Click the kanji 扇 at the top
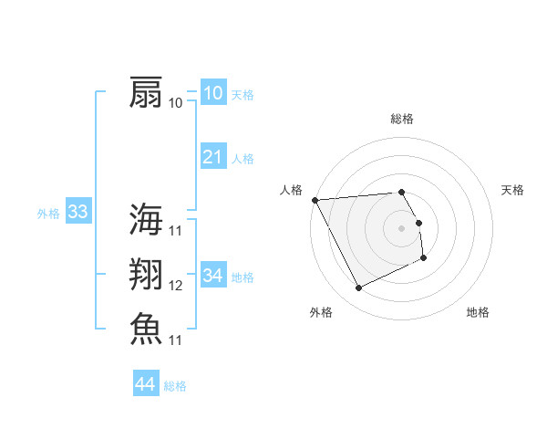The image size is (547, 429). (x=146, y=92)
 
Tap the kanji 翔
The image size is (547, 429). (x=146, y=275)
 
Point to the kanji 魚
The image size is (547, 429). (x=146, y=329)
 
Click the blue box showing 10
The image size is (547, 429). (x=212, y=93)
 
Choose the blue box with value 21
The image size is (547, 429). (x=212, y=157)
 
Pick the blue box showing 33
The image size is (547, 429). (x=77, y=213)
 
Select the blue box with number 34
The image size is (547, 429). (x=212, y=275)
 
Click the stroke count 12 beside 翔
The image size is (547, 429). (x=176, y=286)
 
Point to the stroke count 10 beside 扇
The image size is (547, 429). (x=176, y=102)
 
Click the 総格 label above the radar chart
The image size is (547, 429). (x=402, y=119)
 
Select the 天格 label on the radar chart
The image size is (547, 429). (x=512, y=190)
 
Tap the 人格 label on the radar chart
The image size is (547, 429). (x=291, y=190)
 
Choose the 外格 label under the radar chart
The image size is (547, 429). (x=321, y=313)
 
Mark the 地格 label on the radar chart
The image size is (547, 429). (x=478, y=313)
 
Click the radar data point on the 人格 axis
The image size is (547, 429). (x=315, y=200)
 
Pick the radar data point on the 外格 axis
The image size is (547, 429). (x=358, y=288)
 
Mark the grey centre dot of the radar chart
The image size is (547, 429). (x=402, y=228)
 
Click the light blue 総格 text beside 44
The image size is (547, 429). (x=175, y=386)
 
